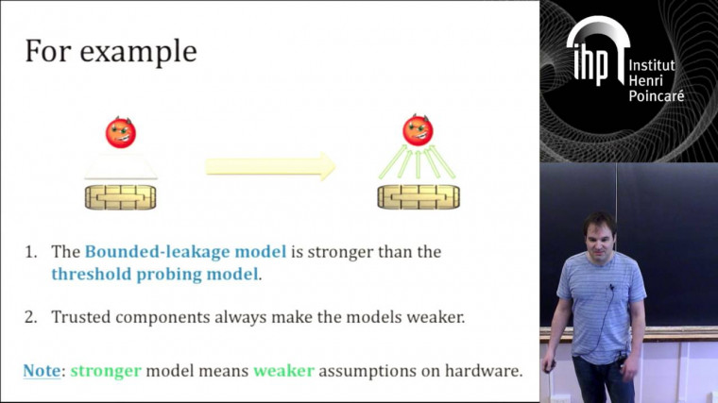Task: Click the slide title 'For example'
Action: point(111,51)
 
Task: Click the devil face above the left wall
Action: point(121,132)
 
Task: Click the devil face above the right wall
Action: point(418,130)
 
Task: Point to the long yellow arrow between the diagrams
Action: point(271,167)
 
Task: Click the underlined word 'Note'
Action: point(42,371)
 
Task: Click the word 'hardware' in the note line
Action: point(481,371)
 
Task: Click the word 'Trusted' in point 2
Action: point(83,317)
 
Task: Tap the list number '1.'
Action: point(31,252)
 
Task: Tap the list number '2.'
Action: point(31,317)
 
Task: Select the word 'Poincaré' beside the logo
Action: point(656,96)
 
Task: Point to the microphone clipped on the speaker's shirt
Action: point(611,287)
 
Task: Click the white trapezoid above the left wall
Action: point(121,169)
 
